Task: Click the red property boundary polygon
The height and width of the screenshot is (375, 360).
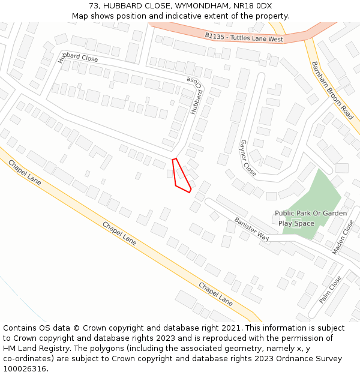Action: (x=181, y=176)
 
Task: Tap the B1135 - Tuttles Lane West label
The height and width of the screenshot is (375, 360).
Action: (x=244, y=37)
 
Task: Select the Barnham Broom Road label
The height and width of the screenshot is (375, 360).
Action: (x=332, y=89)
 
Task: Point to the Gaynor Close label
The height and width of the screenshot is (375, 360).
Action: (x=248, y=158)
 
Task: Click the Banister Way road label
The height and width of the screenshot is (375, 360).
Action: (x=251, y=229)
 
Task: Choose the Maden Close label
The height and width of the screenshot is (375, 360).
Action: (x=343, y=236)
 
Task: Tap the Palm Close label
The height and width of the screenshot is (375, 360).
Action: (x=331, y=289)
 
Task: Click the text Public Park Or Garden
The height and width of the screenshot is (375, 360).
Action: (x=311, y=213)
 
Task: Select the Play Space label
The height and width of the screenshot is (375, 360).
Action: (x=296, y=223)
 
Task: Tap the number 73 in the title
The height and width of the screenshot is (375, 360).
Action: (x=94, y=5)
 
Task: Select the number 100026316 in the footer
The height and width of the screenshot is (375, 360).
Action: (x=25, y=369)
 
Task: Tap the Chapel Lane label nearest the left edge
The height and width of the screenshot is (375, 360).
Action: (x=25, y=172)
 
